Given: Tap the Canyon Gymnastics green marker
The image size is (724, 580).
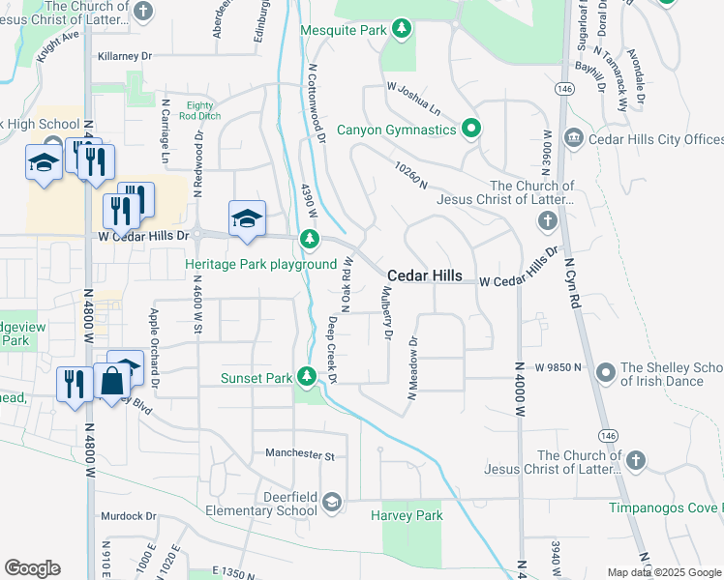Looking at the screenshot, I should coord(471,129).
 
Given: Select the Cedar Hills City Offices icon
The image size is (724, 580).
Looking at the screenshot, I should coord(572,139).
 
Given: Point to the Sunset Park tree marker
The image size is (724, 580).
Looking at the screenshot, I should coord(308,376).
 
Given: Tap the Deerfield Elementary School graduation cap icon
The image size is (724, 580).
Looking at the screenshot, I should coord(332,501).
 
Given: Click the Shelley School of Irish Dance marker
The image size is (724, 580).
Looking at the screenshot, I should coord(606,371).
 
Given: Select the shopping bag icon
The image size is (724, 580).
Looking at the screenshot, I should coord(111,382).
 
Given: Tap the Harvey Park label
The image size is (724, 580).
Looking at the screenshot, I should coord(407,515).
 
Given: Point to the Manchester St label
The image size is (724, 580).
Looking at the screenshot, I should coord(299,453).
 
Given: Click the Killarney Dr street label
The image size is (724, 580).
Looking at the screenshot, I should coord(125,57).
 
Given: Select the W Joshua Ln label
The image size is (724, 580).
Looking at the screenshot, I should coord(413,97).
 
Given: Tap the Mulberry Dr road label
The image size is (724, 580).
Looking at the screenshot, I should coord(386,312).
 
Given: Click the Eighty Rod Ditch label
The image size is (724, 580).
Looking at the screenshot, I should coord(199,110).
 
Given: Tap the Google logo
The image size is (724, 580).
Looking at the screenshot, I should coord(32,568).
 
